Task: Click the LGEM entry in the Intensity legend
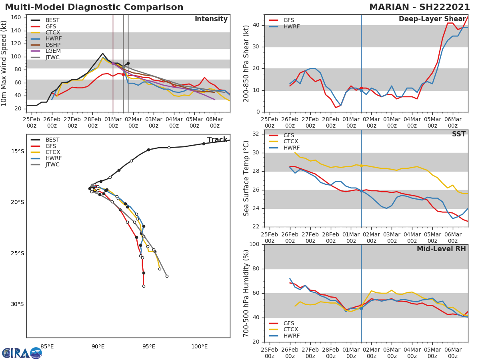tap(52, 51)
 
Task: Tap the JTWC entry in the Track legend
tap(52, 164)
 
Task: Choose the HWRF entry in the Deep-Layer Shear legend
tap(291, 27)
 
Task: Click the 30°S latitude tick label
tap(17, 304)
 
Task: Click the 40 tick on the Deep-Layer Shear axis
tap(255, 25)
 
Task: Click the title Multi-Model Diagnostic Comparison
tap(94, 8)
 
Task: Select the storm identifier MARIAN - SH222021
tap(419, 8)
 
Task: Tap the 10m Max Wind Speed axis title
tap(4, 63)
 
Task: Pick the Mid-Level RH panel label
tap(441, 249)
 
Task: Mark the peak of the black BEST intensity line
tap(102, 53)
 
